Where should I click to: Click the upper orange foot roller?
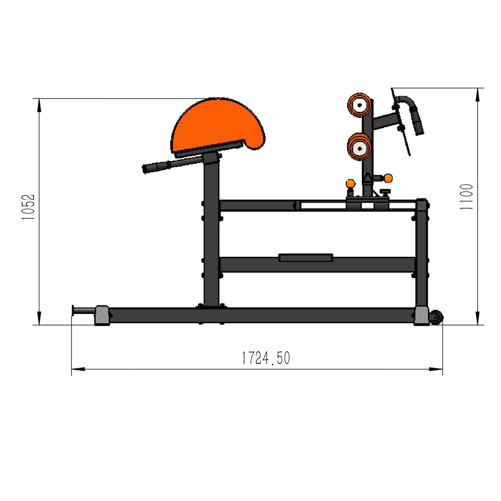[x=360, y=105]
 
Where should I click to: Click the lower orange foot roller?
[x=360, y=148]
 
